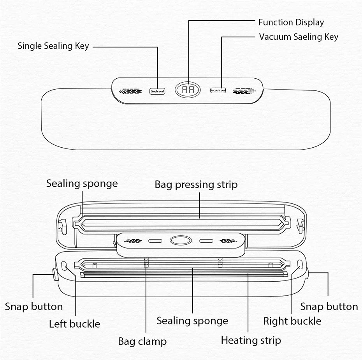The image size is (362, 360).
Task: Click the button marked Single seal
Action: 158,91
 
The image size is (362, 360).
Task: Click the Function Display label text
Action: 291,23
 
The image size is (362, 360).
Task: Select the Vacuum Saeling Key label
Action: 299,37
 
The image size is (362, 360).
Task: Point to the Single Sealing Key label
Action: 53,46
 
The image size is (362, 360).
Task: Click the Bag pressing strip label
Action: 196,184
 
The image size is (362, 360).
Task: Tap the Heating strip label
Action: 251,340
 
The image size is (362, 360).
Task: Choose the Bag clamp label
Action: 142,342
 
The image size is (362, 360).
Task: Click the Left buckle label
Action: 74,323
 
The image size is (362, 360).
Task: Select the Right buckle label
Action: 292,321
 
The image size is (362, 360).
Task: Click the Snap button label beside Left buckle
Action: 34,307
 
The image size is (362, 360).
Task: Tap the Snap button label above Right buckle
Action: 329,307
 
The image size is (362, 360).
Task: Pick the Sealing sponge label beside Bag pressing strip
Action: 82,183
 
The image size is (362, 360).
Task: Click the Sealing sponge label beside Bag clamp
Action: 192,321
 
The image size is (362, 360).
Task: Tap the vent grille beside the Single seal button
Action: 130,91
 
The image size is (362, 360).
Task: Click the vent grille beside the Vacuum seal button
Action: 244,91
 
